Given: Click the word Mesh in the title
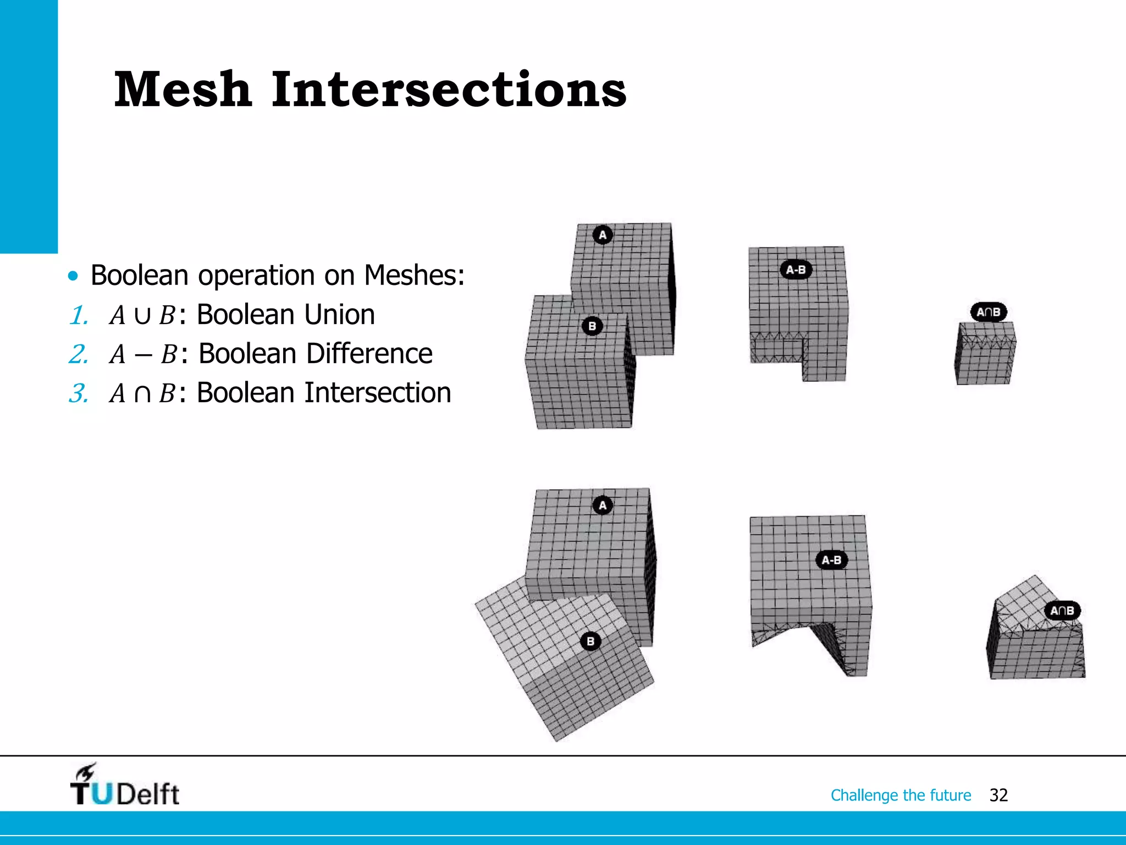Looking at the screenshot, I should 183,89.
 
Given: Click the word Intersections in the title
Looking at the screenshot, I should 449,89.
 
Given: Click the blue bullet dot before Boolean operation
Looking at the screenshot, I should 73,275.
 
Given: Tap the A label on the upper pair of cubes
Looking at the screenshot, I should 603,235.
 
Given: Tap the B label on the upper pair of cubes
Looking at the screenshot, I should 592,326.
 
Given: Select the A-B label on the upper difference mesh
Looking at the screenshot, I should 796,270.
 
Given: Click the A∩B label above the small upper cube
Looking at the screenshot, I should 988,312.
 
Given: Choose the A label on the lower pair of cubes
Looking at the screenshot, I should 603,505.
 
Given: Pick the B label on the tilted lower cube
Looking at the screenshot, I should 590,641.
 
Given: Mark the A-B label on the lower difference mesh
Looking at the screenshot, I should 831,560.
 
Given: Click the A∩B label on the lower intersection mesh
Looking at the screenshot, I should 1062,611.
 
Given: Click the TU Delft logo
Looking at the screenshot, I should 125,785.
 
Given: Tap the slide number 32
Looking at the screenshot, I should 998,795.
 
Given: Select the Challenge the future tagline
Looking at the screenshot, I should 901,795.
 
